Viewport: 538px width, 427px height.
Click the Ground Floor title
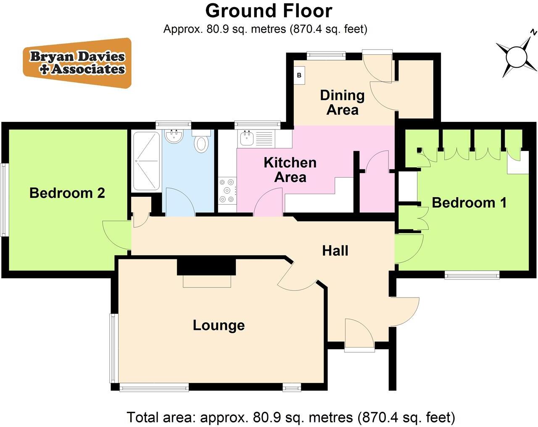pyautogui.click(x=269, y=11)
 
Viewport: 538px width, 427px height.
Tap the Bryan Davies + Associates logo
pyautogui.click(x=77, y=63)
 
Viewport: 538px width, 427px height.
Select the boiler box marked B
pyautogui.click(x=299, y=76)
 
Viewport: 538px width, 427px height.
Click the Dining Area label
pyautogui.click(x=342, y=102)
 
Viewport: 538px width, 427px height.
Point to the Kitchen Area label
pyautogui.click(x=290, y=169)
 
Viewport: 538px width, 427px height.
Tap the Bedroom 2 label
pyautogui.click(x=67, y=193)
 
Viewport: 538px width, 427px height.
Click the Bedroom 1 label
pyautogui.click(x=469, y=203)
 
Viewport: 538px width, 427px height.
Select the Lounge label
pyautogui.click(x=219, y=325)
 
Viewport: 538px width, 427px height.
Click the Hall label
pyautogui.click(x=335, y=250)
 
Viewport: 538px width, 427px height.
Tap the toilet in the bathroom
pyautogui.click(x=201, y=142)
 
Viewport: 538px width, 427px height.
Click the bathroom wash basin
pyautogui.click(x=174, y=136)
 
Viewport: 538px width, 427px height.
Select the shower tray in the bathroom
pyautogui.click(x=146, y=161)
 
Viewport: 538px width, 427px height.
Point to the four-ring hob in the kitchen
pyautogui.click(x=227, y=191)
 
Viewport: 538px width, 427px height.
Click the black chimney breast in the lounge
pyautogui.click(x=206, y=266)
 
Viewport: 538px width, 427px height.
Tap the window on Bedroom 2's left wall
pyautogui.click(x=4, y=199)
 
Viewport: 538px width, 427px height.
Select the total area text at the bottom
pyautogui.click(x=290, y=417)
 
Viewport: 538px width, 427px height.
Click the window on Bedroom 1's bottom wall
pyautogui.click(x=472, y=276)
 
